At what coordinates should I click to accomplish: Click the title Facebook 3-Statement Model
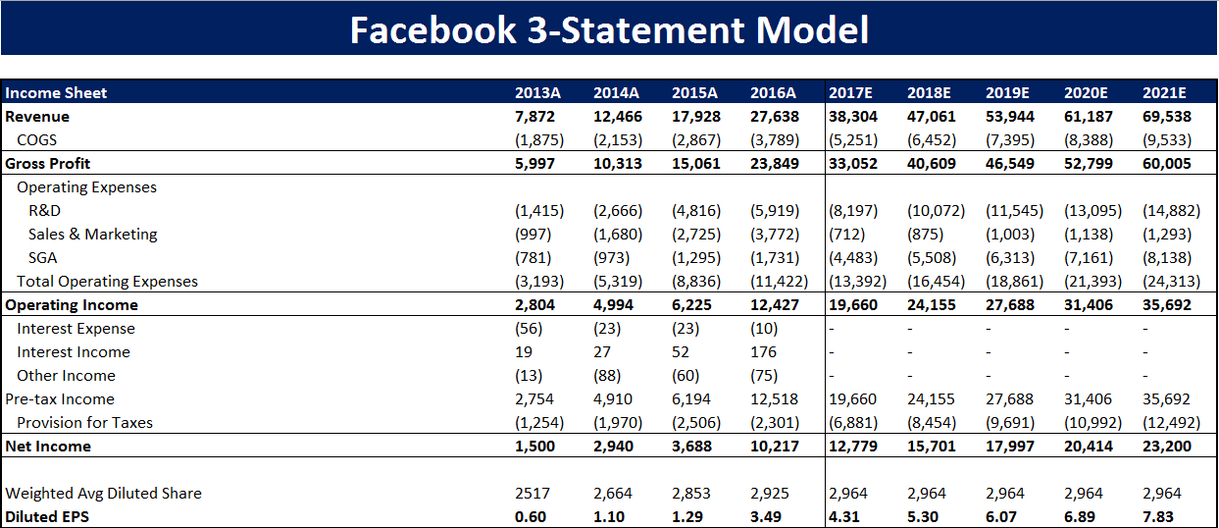[609, 29]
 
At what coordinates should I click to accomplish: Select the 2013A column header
[537, 93]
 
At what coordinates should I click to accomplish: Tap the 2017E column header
[850, 93]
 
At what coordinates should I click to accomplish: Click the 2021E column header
[1164, 93]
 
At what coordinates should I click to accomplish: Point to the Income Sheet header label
[57, 93]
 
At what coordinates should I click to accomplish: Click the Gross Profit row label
[48, 164]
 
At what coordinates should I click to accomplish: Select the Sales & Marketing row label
[92, 235]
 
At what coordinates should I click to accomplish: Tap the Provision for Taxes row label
[84, 423]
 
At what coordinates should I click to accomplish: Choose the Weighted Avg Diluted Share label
[104, 494]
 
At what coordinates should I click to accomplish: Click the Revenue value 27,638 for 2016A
[775, 117]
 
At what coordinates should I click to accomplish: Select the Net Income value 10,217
[775, 447]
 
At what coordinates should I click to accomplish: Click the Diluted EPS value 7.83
[1157, 517]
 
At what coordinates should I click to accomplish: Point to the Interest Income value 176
[763, 352]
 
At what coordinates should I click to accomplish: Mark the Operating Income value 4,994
[613, 305]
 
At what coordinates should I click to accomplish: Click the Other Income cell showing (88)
[610, 376]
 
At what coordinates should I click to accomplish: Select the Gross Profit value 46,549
[1010, 164]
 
